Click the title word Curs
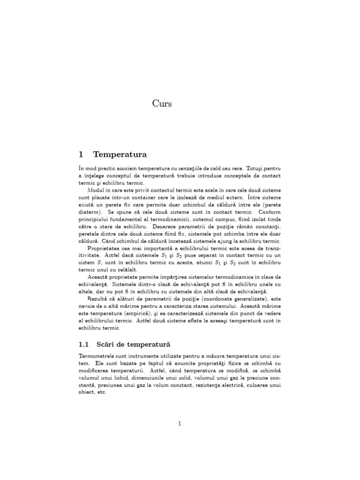(162, 104)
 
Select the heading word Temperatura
(120, 154)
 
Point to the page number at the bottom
(180, 424)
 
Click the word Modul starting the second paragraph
(96, 191)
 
